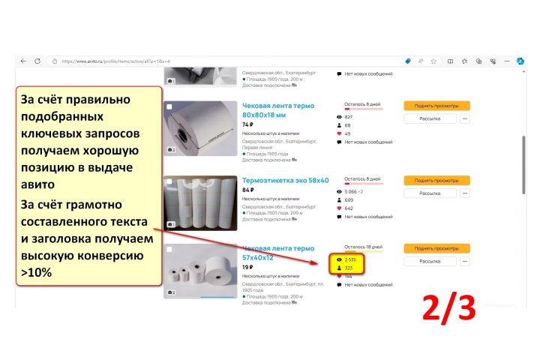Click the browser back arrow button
pyautogui.click(x=23, y=61)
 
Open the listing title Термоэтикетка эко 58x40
pyautogui.click(x=286, y=180)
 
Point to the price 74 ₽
pyautogui.click(x=247, y=124)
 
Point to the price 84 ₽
pyautogui.click(x=247, y=190)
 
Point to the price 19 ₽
pyautogui.click(x=247, y=267)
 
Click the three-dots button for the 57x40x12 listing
pyautogui.click(x=465, y=261)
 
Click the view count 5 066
pyautogui.click(x=353, y=192)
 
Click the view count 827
pyautogui.click(x=349, y=117)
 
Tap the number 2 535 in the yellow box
pyautogui.click(x=350, y=259)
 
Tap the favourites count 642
pyautogui.click(x=349, y=208)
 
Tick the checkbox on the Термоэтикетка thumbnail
pyautogui.click(x=169, y=181)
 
